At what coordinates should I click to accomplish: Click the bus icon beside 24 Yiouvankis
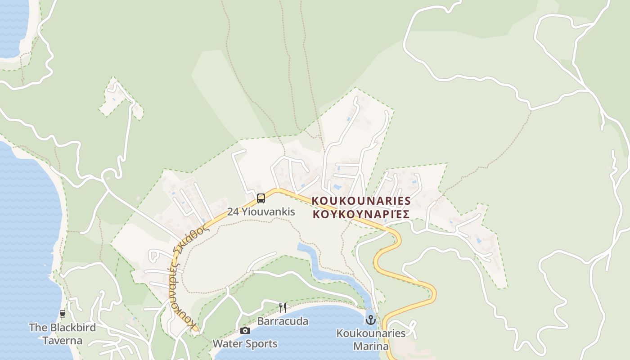(x=261, y=198)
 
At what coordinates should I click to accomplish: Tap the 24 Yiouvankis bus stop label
(x=261, y=211)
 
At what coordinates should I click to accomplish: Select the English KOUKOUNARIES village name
(x=361, y=201)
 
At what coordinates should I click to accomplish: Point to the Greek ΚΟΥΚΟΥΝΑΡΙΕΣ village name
(x=361, y=214)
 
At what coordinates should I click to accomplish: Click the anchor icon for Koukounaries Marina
(x=370, y=320)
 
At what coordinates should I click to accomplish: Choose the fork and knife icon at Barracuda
(x=283, y=308)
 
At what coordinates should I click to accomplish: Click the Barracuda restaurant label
(x=283, y=321)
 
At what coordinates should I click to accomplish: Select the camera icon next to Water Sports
(x=245, y=331)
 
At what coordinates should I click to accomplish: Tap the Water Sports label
(x=245, y=344)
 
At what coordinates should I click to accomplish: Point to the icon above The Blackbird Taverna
(x=63, y=314)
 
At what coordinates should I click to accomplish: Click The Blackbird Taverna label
(x=63, y=334)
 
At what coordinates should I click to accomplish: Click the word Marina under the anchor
(x=371, y=346)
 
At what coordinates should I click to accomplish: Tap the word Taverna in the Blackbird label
(x=63, y=341)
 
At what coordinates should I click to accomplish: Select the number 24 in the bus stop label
(x=233, y=211)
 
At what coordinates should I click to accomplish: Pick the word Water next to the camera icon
(x=226, y=344)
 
